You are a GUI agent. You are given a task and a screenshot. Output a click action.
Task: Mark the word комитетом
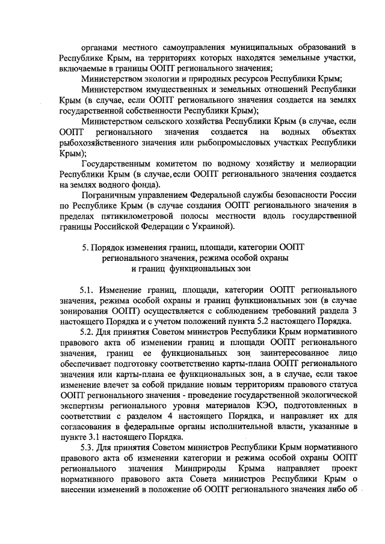pyautogui.click(x=174, y=164)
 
